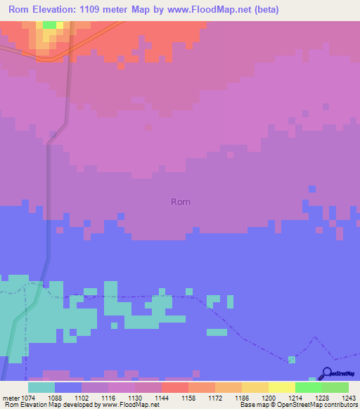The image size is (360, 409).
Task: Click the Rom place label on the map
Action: click(x=181, y=202)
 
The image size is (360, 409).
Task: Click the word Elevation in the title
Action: click(x=56, y=10)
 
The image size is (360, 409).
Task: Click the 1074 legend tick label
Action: click(x=34, y=398)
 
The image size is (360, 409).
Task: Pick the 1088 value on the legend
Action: click(x=62, y=398)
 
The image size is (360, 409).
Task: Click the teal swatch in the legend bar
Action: click(x=41, y=388)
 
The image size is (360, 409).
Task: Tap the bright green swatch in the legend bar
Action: click(x=308, y=388)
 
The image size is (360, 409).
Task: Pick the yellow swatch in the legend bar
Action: click(x=281, y=388)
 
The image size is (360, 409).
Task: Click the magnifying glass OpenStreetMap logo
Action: click(x=326, y=374)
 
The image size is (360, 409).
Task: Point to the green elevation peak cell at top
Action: click(x=49, y=25)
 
